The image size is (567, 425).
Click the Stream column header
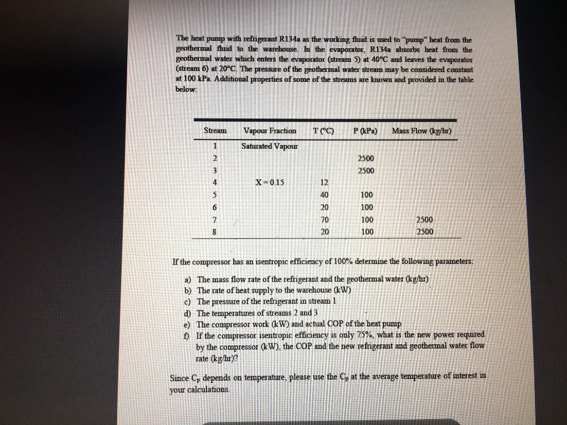point(215,131)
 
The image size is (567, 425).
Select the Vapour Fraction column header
point(270,131)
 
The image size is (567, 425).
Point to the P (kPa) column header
point(365,131)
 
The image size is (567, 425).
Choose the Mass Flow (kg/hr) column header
point(422,131)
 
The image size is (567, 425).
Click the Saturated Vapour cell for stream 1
point(270,146)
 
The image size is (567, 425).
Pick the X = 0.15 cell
point(269,183)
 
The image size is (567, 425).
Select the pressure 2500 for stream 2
point(367,158)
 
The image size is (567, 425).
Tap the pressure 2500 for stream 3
point(367,170)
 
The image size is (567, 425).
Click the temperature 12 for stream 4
point(324,183)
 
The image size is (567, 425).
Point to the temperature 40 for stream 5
point(324,195)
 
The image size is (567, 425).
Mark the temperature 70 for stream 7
point(324,220)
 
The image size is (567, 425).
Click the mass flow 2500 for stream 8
point(425,232)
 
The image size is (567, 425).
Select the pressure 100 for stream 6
point(367,208)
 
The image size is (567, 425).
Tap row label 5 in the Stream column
point(214,195)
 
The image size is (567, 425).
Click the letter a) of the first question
point(188,279)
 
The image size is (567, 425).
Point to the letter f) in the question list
point(187,335)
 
